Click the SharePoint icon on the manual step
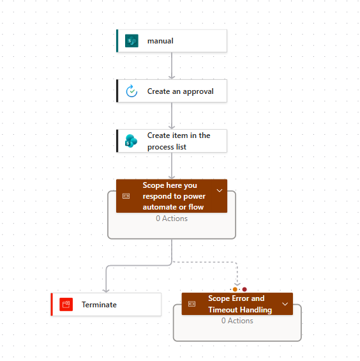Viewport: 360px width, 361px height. tap(131, 41)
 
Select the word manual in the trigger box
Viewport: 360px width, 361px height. tap(160, 41)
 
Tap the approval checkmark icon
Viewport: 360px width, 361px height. tap(131, 91)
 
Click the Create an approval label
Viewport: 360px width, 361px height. tap(181, 91)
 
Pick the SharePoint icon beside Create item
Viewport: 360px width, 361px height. tap(131, 141)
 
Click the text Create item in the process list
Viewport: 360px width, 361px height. tap(179, 141)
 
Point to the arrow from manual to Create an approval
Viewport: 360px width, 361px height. tap(172, 66)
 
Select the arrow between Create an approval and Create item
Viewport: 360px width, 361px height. tap(172, 116)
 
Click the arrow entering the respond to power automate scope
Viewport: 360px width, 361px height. tap(172, 165)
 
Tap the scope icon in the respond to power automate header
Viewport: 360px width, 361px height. tap(126, 196)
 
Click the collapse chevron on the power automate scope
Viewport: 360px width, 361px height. tap(220, 190)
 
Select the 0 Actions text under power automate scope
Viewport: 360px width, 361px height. tap(172, 219)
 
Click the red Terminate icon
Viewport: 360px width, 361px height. tap(66, 304)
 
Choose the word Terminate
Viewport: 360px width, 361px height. tap(99, 305)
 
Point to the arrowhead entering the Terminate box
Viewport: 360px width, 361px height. tap(106, 291)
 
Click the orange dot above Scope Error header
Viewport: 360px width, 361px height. tap(235, 289)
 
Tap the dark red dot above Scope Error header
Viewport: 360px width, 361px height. tap(244, 289)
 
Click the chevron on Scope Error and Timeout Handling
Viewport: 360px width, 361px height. tap(285, 304)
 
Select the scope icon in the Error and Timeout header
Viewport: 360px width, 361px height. tap(192, 304)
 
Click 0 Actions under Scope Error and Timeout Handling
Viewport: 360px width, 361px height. tap(237, 321)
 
